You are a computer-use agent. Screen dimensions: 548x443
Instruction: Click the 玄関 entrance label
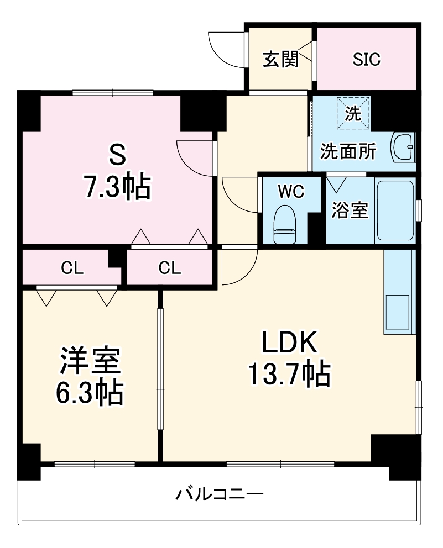tap(280, 59)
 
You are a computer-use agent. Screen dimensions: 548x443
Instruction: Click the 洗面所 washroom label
tap(349, 151)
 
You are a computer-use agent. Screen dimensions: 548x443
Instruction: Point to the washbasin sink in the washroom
tap(403, 147)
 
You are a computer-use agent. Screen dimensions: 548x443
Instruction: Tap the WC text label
tap(290, 191)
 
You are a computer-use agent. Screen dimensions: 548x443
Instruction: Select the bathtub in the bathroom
tap(395, 210)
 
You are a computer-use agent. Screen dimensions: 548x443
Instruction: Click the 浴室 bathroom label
tap(350, 210)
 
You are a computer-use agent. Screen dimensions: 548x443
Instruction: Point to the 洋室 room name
tap(89, 362)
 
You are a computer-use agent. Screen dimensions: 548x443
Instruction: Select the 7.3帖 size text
tap(116, 188)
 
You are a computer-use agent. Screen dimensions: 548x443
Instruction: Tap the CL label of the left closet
tap(72, 268)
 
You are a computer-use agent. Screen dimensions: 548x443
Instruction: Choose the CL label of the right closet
tap(169, 268)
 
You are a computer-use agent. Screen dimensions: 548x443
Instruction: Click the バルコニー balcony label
tap(220, 493)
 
